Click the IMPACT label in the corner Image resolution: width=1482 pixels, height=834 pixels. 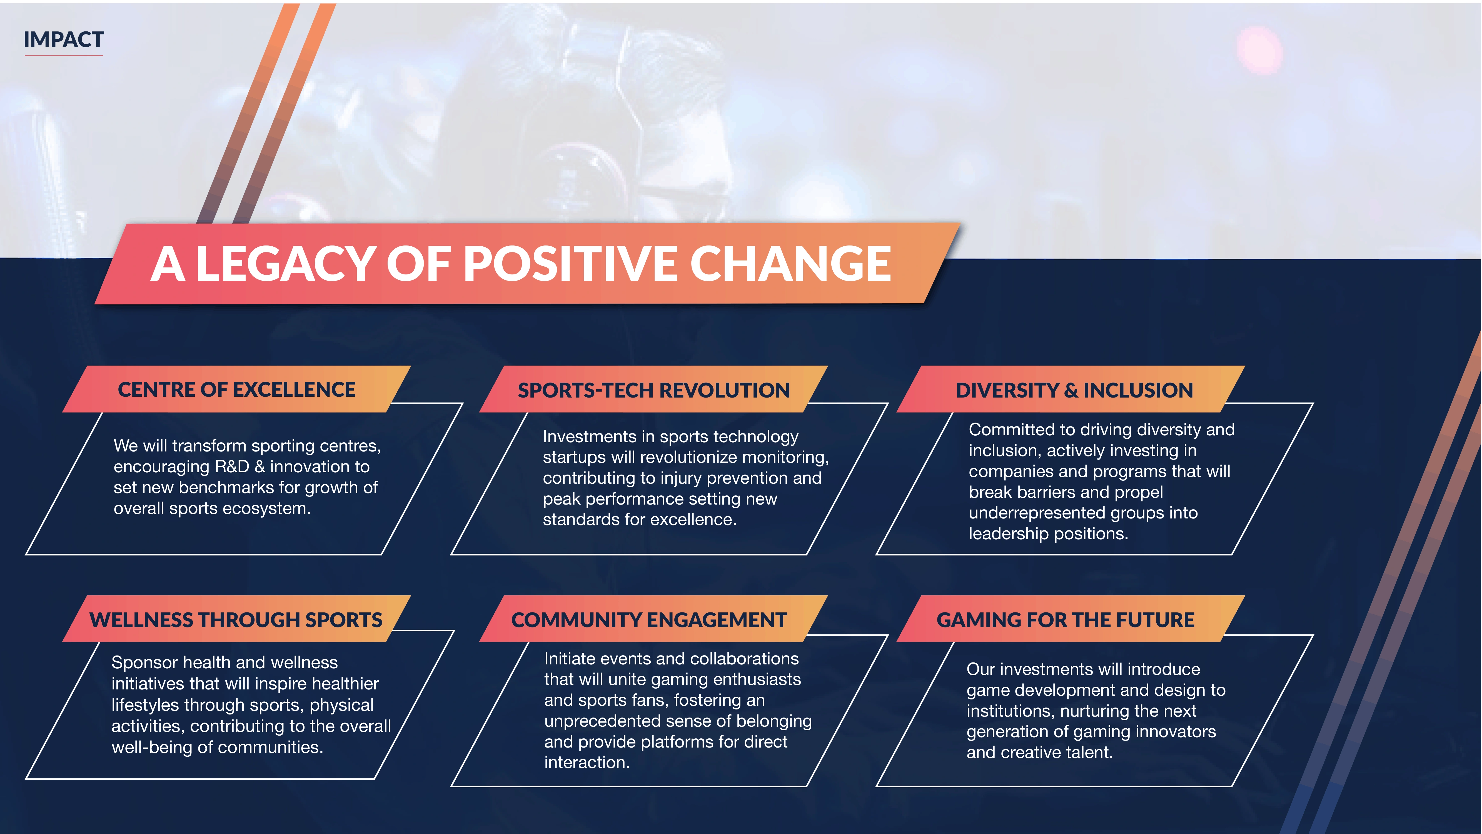tap(63, 40)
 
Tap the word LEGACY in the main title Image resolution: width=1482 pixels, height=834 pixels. tap(286, 264)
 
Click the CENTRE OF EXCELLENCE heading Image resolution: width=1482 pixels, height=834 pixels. tap(236, 390)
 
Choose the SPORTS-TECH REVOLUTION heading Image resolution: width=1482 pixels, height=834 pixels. tap(653, 390)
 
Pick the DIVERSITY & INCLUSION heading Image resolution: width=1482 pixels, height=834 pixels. tap(1074, 390)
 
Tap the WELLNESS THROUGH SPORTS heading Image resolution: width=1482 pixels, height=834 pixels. tap(236, 620)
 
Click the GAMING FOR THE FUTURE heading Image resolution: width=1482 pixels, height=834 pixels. tap(1066, 620)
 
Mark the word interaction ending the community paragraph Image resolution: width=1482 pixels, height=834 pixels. tap(587, 763)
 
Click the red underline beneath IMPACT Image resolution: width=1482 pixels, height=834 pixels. tap(63, 55)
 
